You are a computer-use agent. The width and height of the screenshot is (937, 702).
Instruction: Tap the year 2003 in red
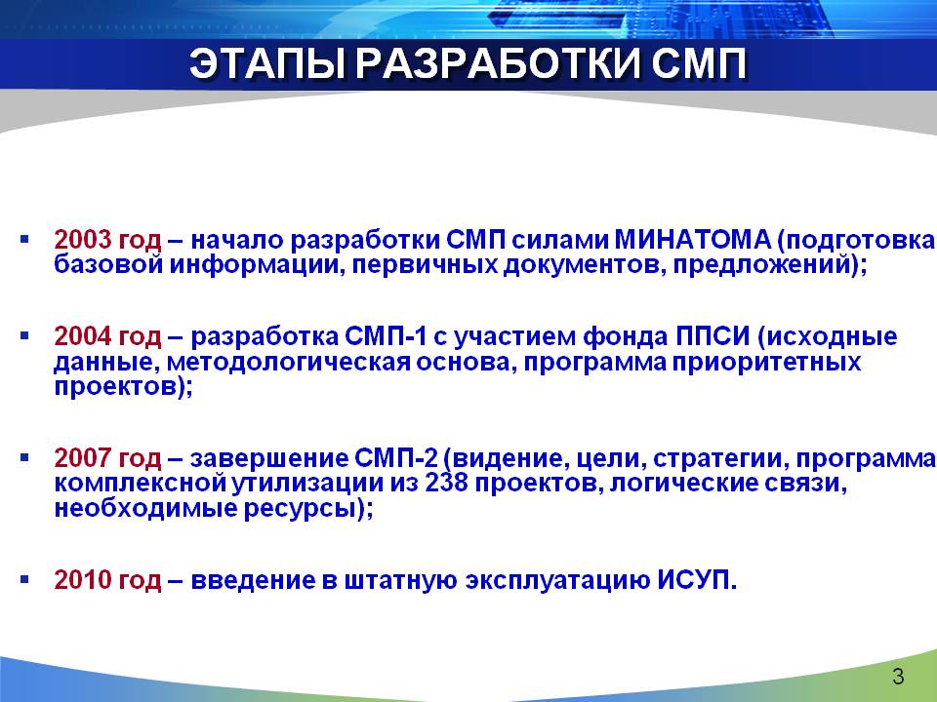click(x=83, y=240)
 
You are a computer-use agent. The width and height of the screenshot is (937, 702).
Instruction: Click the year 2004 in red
click(x=83, y=337)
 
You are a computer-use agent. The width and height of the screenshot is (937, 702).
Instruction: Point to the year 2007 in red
click(x=83, y=458)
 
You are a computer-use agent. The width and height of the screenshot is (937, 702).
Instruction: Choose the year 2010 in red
click(x=83, y=580)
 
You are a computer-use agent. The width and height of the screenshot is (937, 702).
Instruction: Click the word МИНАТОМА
click(x=693, y=240)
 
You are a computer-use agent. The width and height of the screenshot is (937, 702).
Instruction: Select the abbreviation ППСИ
click(x=713, y=337)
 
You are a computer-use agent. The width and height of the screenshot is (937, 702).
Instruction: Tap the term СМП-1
click(x=387, y=337)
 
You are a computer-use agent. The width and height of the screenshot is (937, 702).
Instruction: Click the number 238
click(x=446, y=483)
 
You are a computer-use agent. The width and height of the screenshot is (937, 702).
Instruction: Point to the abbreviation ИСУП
click(x=694, y=580)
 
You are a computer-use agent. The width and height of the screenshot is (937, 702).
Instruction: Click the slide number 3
click(x=898, y=677)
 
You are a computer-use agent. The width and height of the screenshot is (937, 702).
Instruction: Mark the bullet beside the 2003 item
click(x=24, y=240)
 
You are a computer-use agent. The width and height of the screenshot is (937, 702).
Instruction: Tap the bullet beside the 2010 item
click(x=24, y=579)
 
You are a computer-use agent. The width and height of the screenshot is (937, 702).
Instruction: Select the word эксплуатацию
click(x=557, y=581)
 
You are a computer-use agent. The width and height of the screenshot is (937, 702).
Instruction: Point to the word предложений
click(x=761, y=265)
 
